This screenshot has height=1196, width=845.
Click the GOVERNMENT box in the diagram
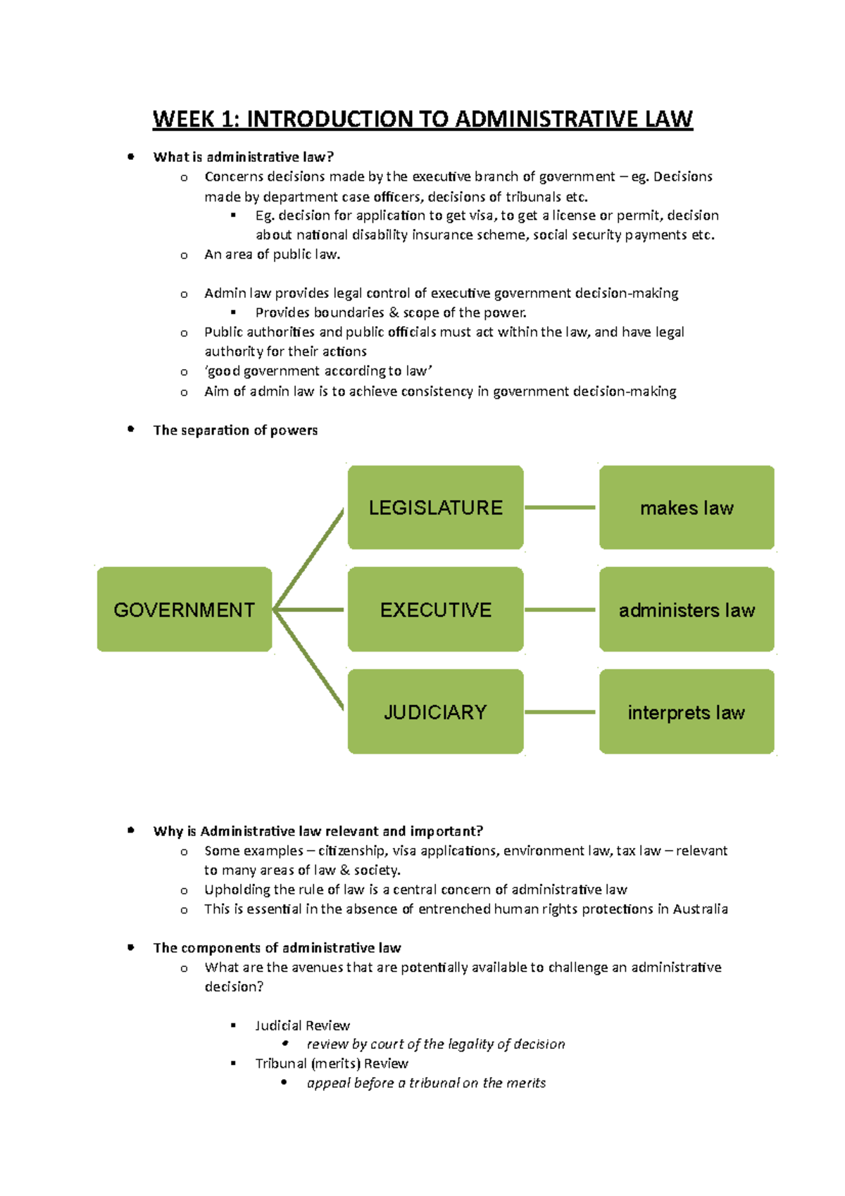point(184,609)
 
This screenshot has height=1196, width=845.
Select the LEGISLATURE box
point(435,507)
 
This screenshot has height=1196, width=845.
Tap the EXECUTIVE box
point(435,609)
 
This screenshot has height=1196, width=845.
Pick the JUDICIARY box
point(435,711)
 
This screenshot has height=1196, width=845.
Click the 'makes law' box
point(687,507)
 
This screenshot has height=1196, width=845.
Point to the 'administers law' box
point(687,609)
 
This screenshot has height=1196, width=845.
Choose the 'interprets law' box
point(687,711)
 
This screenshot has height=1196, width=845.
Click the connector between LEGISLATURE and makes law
point(561,507)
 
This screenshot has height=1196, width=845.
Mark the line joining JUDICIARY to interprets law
point(561,712)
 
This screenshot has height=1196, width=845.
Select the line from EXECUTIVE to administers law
point(561,610)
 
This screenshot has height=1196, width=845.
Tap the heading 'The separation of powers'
point(235,430)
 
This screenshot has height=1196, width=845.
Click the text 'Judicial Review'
point(302,1026)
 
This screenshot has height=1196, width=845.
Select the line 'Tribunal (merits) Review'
point(332,1064)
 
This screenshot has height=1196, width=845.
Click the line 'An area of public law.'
point(272,254)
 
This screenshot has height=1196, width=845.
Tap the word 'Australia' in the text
point(700,909)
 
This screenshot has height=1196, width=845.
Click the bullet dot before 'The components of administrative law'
point(131,947)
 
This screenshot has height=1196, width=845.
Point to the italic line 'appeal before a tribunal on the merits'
point(426,1083)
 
